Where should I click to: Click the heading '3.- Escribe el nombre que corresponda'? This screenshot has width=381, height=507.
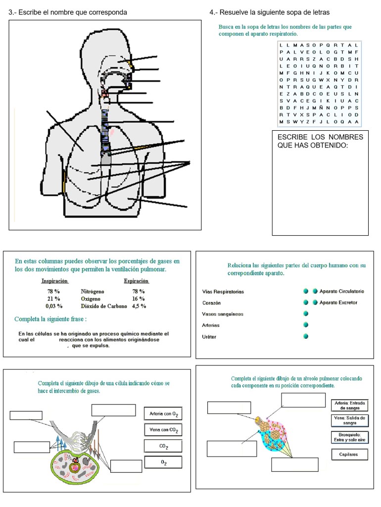click(67, 12)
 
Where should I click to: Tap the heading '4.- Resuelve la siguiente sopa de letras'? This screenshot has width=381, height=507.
click(270, 12)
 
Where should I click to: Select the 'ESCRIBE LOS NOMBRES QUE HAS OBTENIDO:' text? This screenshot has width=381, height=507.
click(320, 141)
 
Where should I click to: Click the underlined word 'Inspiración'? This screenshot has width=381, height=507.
click(54, 281)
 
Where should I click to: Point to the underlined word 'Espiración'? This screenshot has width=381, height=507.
click(137, 281)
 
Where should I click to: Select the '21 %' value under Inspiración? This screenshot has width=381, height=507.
click(53, 299)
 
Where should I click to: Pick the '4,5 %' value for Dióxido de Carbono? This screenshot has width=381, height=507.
click(139, 306)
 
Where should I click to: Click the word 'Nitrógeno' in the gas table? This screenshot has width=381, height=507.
click(93, 292)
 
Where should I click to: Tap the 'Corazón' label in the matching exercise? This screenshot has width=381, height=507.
click(212, 303)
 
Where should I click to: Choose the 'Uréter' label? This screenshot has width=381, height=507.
click(209, 337)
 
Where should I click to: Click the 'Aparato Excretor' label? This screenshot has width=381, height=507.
click(338, 303)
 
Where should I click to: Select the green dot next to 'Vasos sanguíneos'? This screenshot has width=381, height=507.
click(306, 313)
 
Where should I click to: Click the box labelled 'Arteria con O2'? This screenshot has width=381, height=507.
click(163, 413)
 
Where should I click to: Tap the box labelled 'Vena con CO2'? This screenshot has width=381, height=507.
click(163, 430)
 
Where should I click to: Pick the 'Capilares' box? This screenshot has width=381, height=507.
click(349, 455)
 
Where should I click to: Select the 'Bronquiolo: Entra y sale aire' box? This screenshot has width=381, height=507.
click(350, 437)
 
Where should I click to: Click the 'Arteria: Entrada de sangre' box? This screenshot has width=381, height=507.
click(350, 406)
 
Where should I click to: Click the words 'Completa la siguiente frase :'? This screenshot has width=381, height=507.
click(50, 319)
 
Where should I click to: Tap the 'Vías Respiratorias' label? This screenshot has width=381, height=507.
click(223, 292)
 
